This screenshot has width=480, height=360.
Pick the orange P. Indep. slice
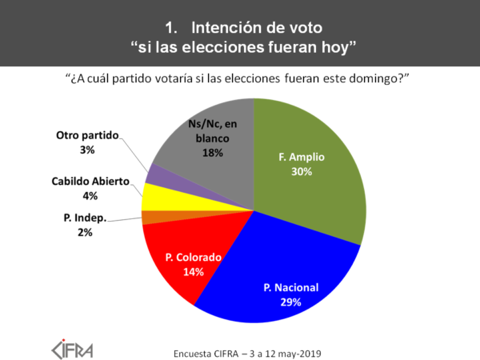click(x=150, y=218)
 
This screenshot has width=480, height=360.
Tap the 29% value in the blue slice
click(x=289, y=302)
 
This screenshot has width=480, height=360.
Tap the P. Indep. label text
click(x=85, y=218)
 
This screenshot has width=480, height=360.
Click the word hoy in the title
click(x=336, y=46)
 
